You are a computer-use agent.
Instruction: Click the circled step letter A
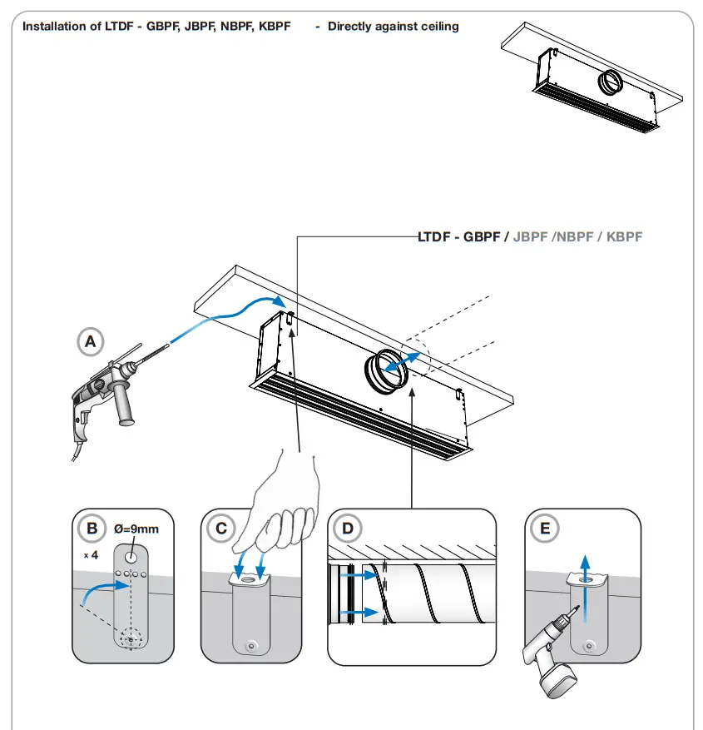(90, 340)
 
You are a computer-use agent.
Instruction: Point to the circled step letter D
(347, 529)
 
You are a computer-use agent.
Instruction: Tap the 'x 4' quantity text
(89, 553)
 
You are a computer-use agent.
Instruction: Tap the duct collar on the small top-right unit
(612, 82)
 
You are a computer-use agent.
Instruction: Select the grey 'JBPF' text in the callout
(531, 237)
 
